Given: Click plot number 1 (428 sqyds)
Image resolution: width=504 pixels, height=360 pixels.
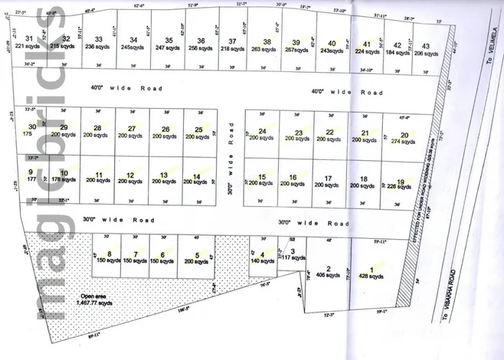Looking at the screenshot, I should pyautogui.click(x=372, y=273).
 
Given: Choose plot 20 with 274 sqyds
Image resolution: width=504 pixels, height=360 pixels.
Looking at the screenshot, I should pyautogui.click(x=403, y=139).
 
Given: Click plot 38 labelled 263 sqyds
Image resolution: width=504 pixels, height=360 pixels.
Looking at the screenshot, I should pyautogui.click(x=267, y=46).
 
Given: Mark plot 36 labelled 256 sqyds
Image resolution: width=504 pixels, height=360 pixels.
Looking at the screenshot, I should pyautogui.click(x=200, y=44).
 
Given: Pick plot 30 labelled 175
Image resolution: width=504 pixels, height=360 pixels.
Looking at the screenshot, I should pyautogui.click(x=31, y=130).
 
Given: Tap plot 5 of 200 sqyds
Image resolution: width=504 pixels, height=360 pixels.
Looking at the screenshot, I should pyautogui.click(x=197, y=258).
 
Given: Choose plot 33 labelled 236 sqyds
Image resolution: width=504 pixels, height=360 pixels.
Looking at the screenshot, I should pyautogui.click(x=98, y=43).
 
